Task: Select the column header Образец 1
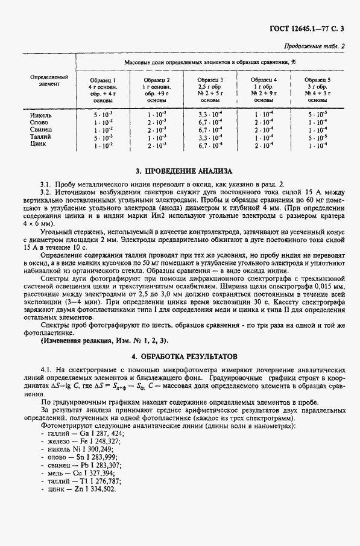(101, 80)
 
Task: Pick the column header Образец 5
(317, 80)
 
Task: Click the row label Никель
(40, 114)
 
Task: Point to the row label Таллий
(40, 137)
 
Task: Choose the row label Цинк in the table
(38, 145)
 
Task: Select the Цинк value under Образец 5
(317, 145)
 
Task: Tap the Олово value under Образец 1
(101, 122)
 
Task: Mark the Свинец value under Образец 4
(264, 130)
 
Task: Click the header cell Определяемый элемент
(49, 80)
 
